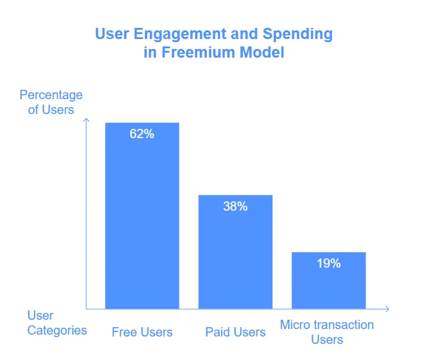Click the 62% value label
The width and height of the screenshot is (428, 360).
coord(142,133)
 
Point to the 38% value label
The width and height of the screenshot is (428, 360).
coord(235,206)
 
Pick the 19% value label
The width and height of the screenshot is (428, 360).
coord(328,263)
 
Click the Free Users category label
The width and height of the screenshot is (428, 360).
coord(142,332)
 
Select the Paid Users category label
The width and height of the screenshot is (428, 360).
coord(235,332)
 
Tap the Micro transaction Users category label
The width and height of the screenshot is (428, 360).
coord(327,332)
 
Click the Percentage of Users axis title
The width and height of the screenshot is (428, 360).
coord(51,102)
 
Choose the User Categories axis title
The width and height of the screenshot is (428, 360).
coord(57,322)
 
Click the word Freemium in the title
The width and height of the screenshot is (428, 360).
coord(199,53)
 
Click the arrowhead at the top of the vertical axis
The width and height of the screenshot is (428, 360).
coord(86,120)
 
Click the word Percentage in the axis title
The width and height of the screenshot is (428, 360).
coord(51,95)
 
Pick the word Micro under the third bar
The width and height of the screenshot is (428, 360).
coord(295,325)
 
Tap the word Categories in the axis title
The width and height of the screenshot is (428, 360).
coord(57,330)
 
